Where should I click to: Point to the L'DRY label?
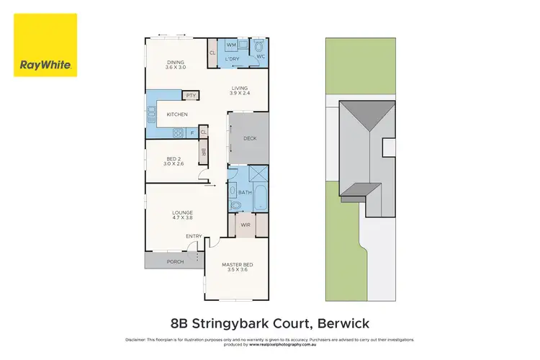(x=232, y=58)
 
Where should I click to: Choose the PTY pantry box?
(x=191, y=95)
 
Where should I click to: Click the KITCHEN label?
(x=177, y=114)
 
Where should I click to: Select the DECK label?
(x=249, y=138)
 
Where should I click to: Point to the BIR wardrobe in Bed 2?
(x=204, y=152)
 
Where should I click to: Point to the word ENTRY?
(x=194, y=236)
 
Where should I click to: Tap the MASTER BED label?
(x=236, y=265)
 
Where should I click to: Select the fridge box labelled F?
(x=192, y=133)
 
